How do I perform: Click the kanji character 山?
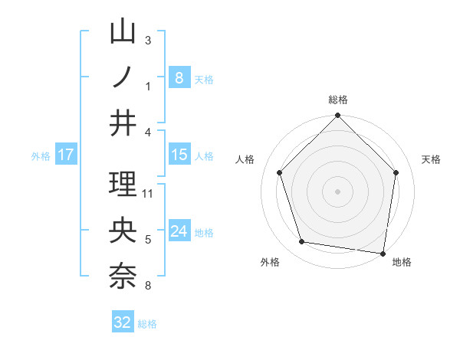click(123, 34)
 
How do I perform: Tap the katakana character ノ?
click(123, 77)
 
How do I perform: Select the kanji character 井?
click(123, 122)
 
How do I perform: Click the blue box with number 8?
click(179, 78)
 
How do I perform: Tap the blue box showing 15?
click(179, 155)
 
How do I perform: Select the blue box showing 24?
click(179, 231)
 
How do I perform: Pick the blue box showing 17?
click(65, 155)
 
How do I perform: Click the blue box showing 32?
click(123, 322)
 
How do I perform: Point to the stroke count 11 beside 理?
click(149, 193)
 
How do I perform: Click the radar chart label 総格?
click(338, 100)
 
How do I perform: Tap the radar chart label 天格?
click(432, 159)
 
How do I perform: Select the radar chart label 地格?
click(402, 262)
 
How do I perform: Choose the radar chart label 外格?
click(270, 262)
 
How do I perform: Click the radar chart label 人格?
click(245, 159)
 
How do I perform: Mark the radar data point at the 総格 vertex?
click(337, 116)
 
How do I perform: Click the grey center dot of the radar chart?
click(337, 191)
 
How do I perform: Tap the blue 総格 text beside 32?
click(147, 324)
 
